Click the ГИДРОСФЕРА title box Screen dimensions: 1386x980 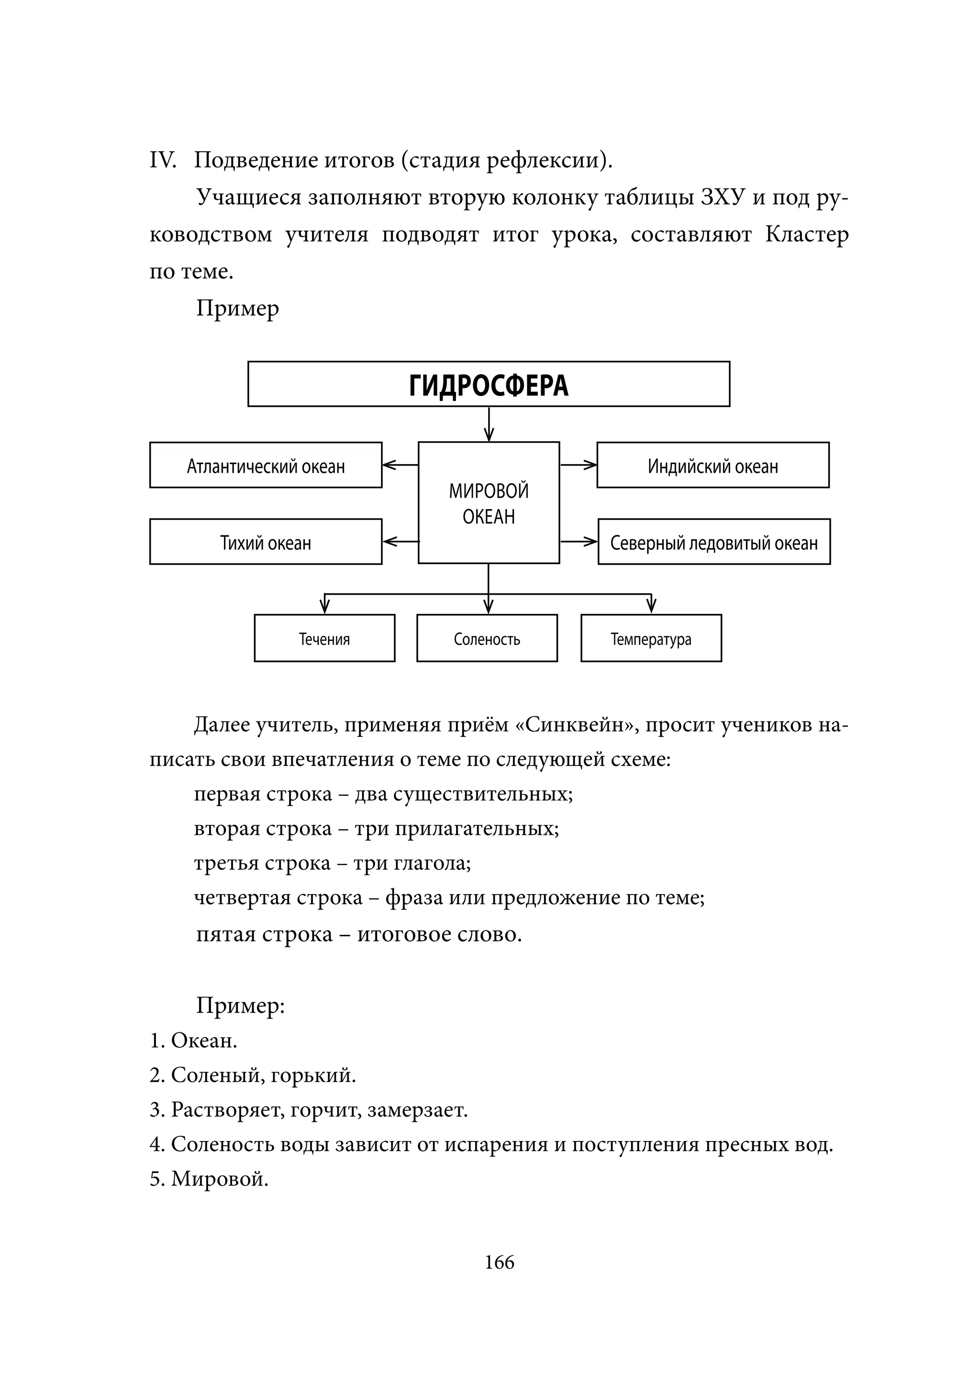tap(489, 384)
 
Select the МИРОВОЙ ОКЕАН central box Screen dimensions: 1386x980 tap(489, 503)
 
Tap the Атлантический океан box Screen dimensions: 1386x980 tap(266, 465)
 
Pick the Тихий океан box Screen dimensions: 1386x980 tap(266, 542)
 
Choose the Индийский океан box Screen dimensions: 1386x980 tap(713, 465)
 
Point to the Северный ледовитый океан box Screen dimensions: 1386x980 tap(714, 542)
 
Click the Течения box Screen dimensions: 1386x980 tap(324, 638)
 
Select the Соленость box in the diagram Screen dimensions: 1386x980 tap(487, 638)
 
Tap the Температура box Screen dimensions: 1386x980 tap(651, 638)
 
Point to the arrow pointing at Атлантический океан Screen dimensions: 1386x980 tap(400, 465)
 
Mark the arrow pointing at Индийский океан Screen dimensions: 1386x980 tap(579, 465)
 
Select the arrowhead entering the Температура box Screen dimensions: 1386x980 tap(651, 606)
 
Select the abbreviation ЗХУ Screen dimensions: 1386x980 tap(723, 198)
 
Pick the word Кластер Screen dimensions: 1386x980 tap(807, 234)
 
